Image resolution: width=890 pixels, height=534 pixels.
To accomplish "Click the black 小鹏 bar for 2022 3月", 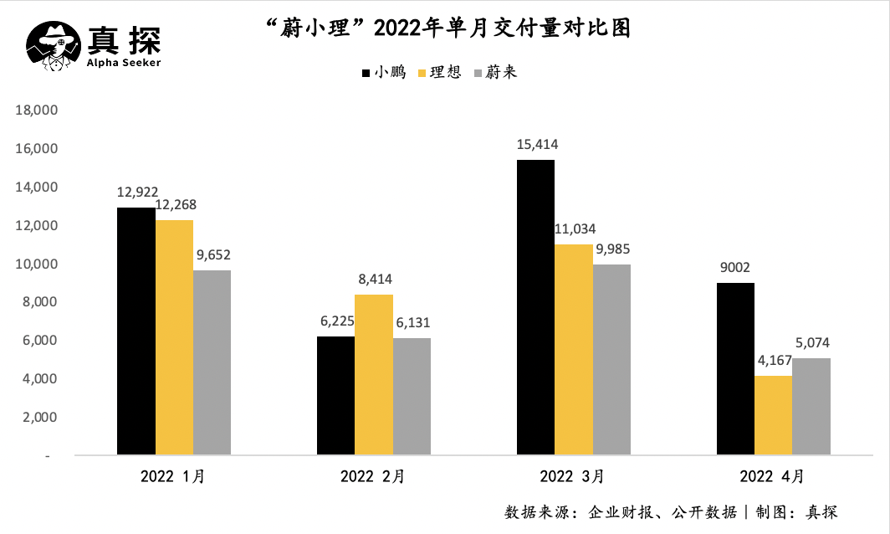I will click(535, 307).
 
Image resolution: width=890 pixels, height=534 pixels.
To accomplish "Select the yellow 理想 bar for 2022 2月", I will click(374, 375).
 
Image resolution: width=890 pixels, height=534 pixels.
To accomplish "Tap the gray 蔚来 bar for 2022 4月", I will click(811, 407).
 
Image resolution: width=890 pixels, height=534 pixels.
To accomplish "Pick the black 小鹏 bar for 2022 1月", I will click(136, 331).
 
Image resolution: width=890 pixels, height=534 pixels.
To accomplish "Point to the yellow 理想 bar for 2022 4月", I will click(773, 415).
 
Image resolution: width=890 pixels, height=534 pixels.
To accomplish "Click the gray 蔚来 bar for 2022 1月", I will click(212, 362).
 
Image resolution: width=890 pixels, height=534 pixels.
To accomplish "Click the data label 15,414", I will click(536, 145).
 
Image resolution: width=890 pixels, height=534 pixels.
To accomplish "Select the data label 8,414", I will click(374, 280).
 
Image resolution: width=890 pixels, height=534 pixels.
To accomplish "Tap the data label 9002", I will click(734, 269).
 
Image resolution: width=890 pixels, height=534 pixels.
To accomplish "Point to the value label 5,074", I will click(811, 343).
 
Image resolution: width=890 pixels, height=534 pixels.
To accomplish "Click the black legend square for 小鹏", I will click(366, 74).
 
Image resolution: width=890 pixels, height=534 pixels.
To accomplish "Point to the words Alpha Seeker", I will click(125, 62).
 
